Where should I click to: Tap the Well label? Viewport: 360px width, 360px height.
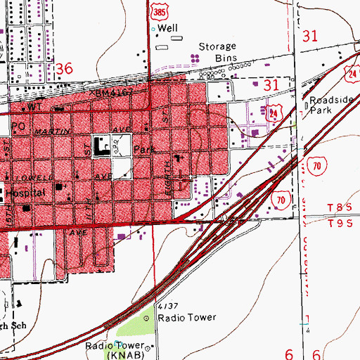click(x=168, y=28)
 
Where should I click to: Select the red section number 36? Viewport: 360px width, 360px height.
click(x=65, y=69)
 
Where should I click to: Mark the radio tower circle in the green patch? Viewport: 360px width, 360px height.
click(x=147, y=318)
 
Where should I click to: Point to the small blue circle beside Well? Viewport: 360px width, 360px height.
click(x=153, y=29)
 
